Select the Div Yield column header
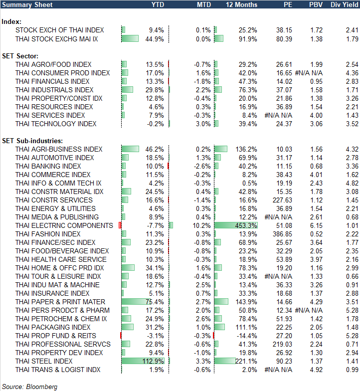[x=345, y=4]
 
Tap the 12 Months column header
[x=241, y=4]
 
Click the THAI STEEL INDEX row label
[x=44, y=361]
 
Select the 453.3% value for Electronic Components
[x=248, y=225]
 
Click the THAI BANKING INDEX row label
[x=48, y=166]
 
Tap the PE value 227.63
[x=282, y=200]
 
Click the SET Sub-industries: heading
[x=31, y=141]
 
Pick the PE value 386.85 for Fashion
[x=282, y=234]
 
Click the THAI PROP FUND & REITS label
[x=56, y=336]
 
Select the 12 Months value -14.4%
[x=248, y=336]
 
